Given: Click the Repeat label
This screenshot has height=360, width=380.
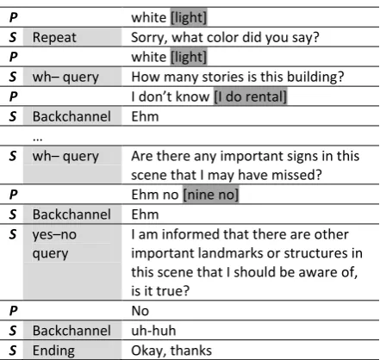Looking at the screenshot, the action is pos(54,37).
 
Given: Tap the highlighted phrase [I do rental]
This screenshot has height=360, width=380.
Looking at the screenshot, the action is pos(250,96).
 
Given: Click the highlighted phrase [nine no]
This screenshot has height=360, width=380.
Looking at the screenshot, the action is pos(211,195).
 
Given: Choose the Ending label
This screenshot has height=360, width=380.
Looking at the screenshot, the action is pos(53,351).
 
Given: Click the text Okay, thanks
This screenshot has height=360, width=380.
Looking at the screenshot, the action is pos(171,351).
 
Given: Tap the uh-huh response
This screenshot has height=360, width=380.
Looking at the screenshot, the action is pos(153,331).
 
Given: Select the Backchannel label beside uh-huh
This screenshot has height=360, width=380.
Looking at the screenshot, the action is pos(72,331).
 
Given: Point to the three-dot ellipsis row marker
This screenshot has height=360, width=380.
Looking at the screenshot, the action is pos(38,140).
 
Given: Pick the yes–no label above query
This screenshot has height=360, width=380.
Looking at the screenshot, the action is pos(54,234).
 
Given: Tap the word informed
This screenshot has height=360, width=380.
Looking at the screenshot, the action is pos(191,234).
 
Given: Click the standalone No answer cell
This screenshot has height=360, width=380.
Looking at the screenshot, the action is pos(140,311).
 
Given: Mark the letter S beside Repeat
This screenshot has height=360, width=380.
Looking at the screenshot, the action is pos(13,37).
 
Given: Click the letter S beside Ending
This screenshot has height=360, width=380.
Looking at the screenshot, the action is pos(13,351).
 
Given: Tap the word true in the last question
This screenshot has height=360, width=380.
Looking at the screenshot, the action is pos(173,291).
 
